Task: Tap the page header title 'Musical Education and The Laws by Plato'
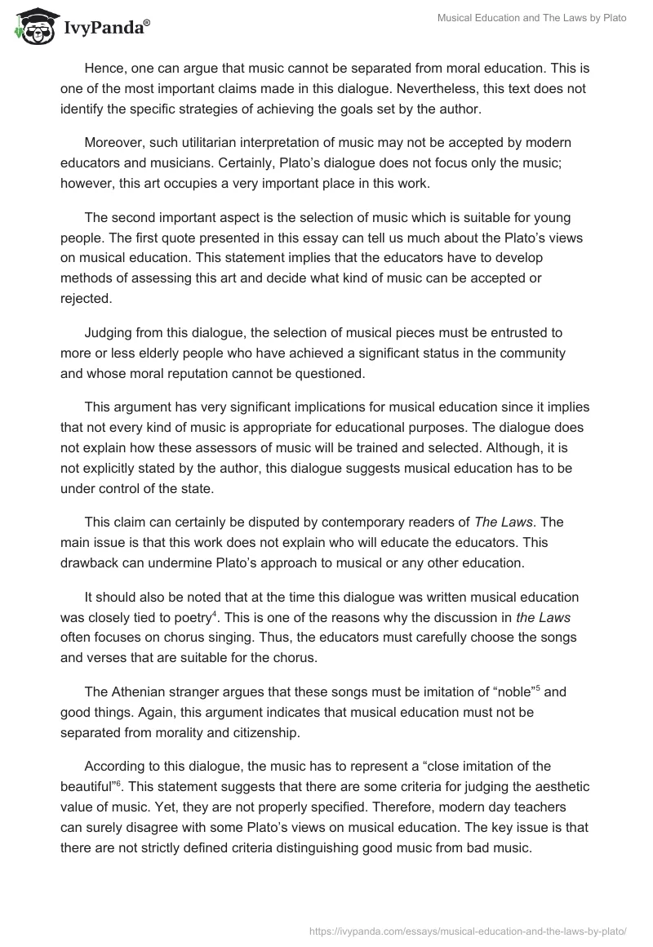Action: pos(531,19)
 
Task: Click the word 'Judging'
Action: pos(109,332)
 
